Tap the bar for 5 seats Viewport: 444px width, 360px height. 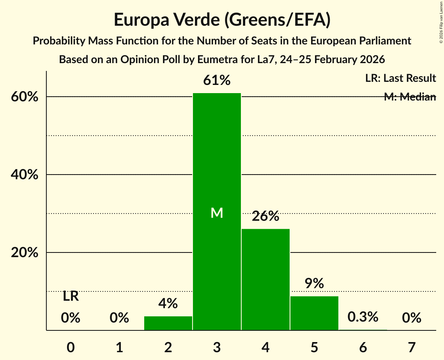coord(314,313)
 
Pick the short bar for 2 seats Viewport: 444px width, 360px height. coord(168,323)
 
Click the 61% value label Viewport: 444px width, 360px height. coord(217,81)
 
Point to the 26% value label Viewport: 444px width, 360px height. coord(265,216)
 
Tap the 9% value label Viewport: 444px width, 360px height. coord(314,284)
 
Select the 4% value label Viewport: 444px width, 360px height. coord(168,303)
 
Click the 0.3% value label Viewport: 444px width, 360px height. coord(363,317)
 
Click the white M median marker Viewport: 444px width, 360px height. coord(217,213)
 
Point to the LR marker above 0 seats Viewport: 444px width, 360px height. coord(71,296)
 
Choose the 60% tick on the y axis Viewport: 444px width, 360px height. coord(25,97)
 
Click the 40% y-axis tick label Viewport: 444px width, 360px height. coord(25,175)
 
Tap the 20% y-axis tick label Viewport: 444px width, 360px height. coord(25,253)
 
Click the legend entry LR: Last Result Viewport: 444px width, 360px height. coord(400,78)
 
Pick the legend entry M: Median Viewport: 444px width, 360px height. coord(409,97)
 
